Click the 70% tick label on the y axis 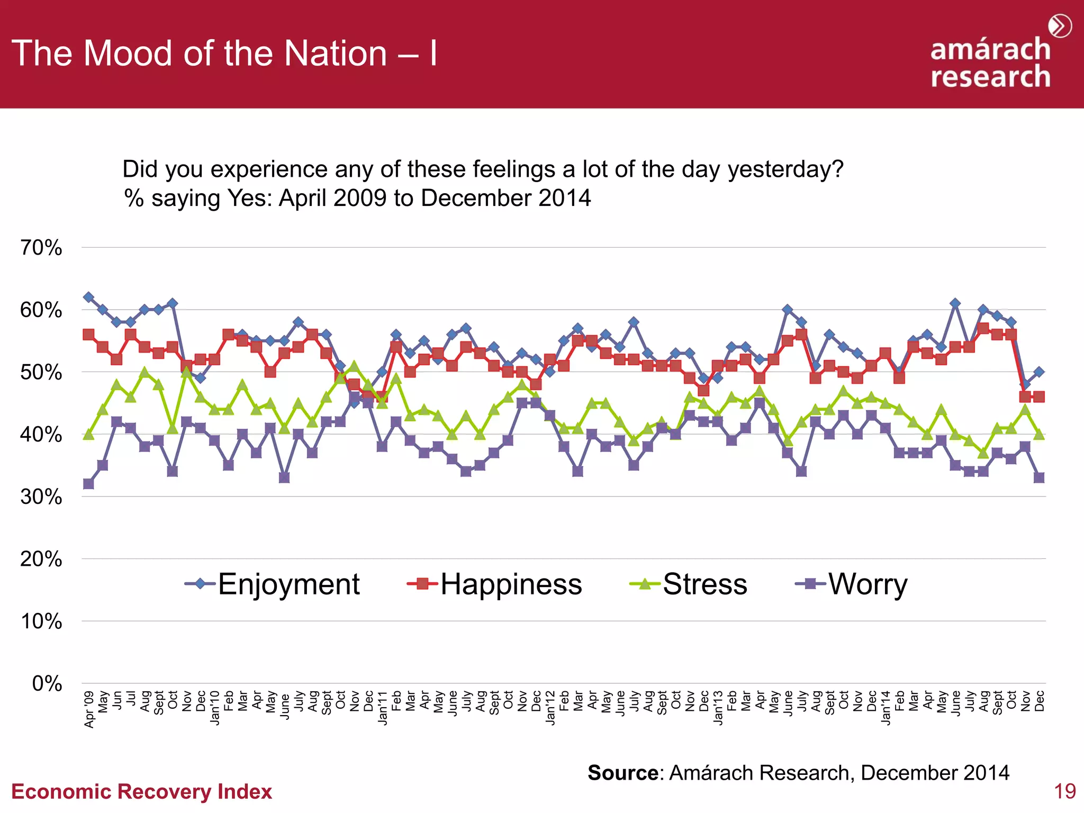tap(41, 248)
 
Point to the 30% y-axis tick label tap(41, 497)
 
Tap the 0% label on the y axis tap(47, 684)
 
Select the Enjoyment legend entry tap(273, 584)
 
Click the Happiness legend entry tap(495, 584)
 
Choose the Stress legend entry tap(689, 584)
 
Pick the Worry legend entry tap(852, 584)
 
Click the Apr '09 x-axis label tap(89, 709)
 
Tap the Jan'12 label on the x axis tap(550, 708)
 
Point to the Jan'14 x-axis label tap(886, 708)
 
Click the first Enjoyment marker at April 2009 tap(89, 297)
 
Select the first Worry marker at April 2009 tap(89, 484)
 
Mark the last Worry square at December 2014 tap(1039, 477)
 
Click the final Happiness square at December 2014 tap(1039, 396)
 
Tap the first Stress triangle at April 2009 tap(89, 435)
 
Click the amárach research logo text tap(990, 62)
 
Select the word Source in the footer tap(623, 773)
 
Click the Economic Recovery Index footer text tap(141, 792)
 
